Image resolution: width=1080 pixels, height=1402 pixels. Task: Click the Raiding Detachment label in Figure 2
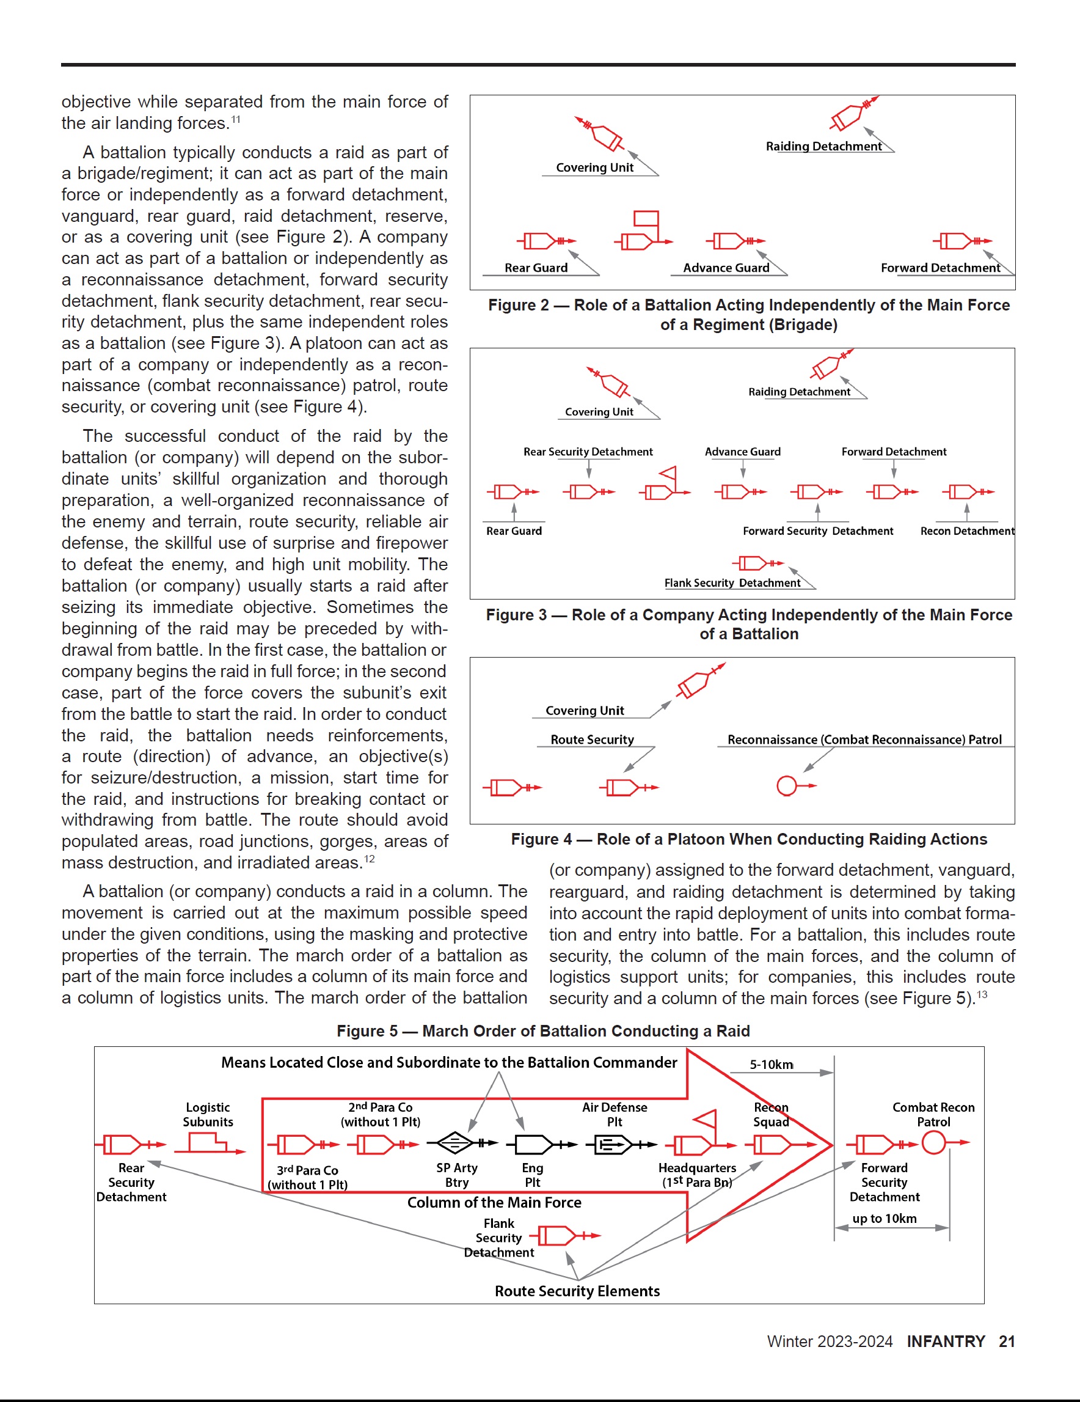coord(823,146)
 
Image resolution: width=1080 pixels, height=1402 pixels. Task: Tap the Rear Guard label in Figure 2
coord(536,268)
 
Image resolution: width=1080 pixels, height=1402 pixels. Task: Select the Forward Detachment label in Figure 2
coord(940,268)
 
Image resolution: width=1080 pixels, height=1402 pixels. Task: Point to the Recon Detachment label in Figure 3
coord(967,531)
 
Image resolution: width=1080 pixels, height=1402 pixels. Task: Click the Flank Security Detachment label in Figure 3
coord(732,583)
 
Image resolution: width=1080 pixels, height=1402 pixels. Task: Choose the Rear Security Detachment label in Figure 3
coord(588,452)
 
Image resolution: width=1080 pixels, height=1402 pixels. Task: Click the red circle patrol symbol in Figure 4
coord(786,786)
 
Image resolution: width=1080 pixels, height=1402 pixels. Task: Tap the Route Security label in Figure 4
coord(592,740)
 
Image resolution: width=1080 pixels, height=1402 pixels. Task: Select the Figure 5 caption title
coord(543,1031)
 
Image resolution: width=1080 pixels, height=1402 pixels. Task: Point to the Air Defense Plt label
coord(614,1114)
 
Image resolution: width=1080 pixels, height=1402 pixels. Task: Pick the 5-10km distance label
coord(772,1065)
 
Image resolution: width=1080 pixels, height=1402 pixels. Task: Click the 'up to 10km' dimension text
coord(885,1219)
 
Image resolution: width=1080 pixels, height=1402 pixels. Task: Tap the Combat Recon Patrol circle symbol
coord(933,1143)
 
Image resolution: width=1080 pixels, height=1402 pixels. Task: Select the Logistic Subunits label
coord(208,1114)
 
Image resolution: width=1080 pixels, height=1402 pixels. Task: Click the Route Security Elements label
coord(577,1291)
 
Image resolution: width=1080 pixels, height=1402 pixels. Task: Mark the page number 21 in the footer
coord(1007,1341)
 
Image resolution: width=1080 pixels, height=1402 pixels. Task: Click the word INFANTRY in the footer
coord(945,1341)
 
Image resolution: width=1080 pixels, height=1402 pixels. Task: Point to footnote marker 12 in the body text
coord(369,858)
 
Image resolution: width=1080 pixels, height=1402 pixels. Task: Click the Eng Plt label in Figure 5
coord(533,1175)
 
